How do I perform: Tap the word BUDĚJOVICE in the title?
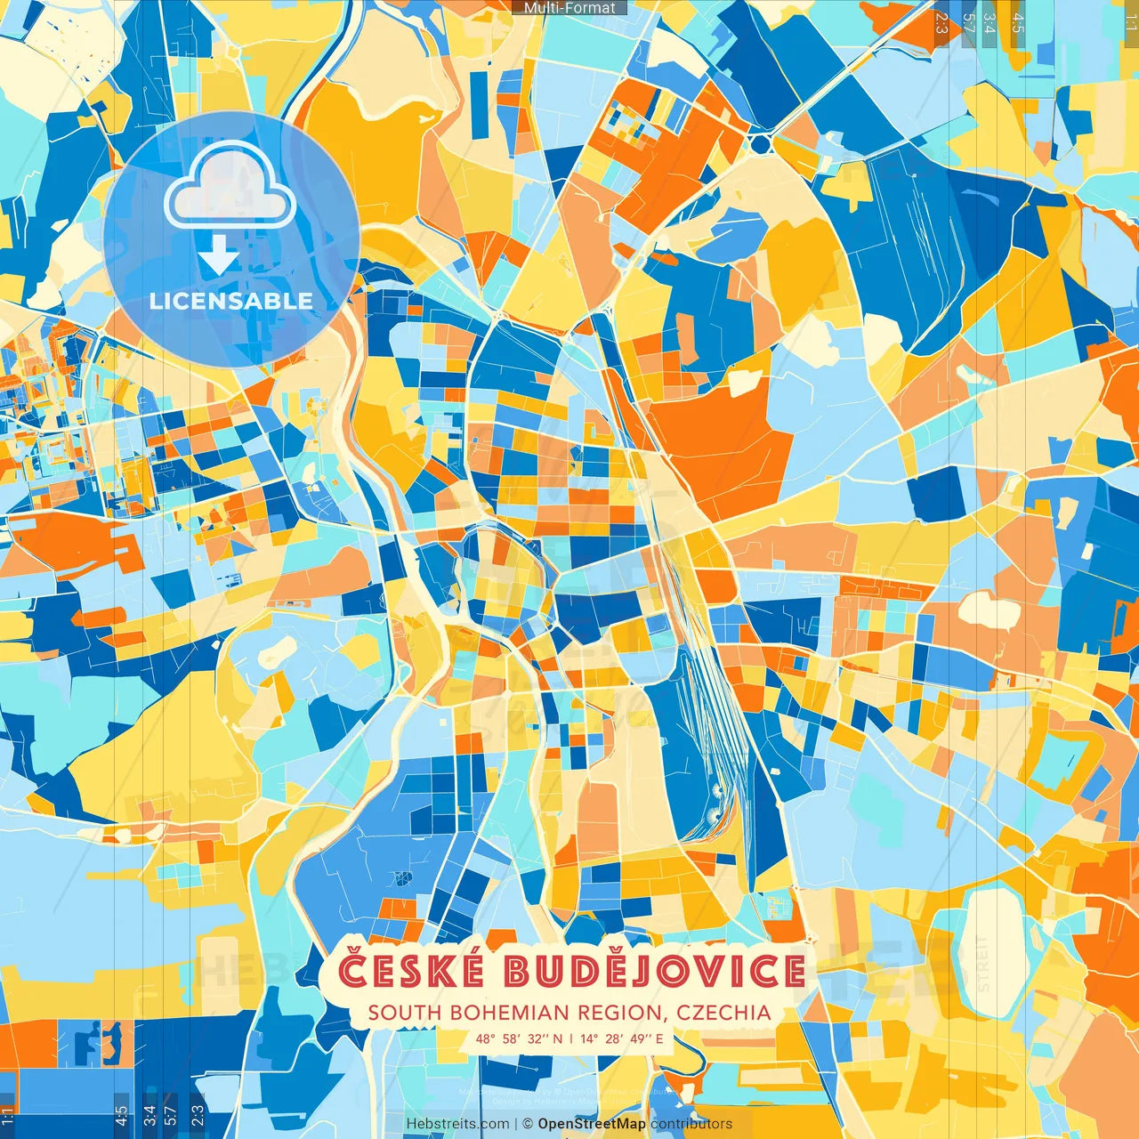coord(654,971)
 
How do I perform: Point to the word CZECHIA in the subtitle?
coord(723,1013)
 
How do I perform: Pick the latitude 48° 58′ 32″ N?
coord(519,1038)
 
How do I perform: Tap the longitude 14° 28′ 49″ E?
coord(622,1038)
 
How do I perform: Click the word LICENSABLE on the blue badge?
coord(231,301)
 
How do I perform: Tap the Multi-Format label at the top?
coord(569,8)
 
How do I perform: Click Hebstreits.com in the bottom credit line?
coord(457,1124)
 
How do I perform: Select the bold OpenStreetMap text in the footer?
coord(592,1124)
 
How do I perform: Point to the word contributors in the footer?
coord(691,1124)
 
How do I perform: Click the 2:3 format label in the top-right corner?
coord(941,22)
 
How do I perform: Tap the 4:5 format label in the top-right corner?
coord(1018,22)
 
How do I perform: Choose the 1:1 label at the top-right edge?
coord(1130,20)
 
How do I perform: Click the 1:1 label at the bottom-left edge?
coord(8,1117)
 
